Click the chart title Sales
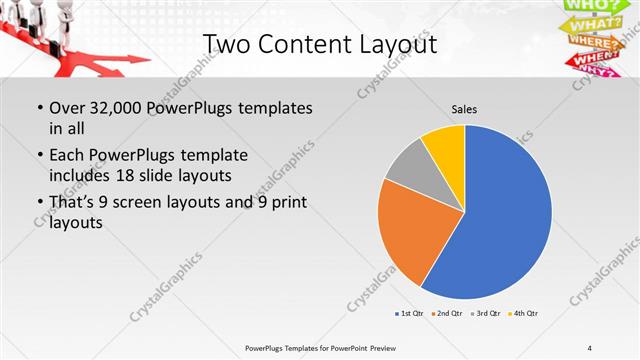coord(464,108)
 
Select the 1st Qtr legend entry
coord(409,314)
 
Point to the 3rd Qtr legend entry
coord(485,314)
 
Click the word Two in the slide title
coord(229,45)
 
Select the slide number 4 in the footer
coord(590,347)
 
